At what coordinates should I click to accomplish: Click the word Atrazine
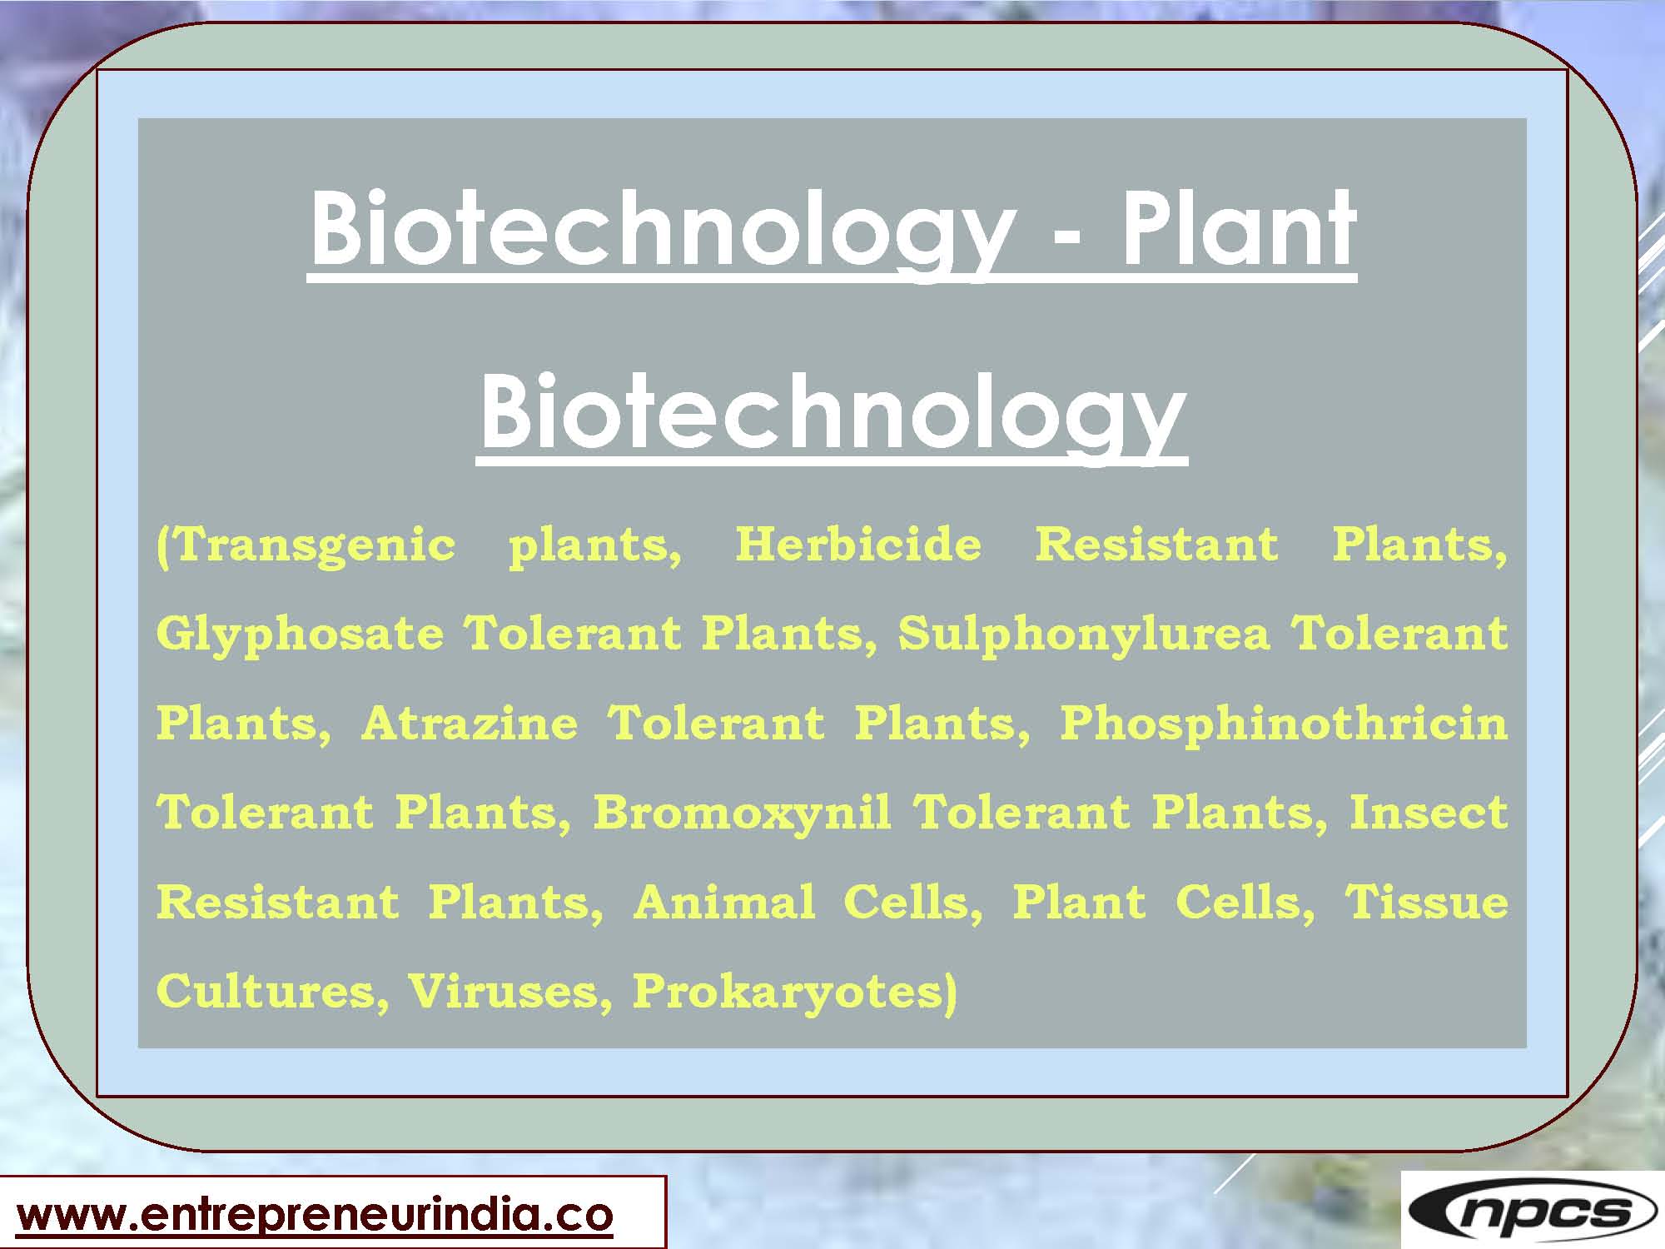pos(470,723)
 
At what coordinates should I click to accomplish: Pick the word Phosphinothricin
pos(1283,723)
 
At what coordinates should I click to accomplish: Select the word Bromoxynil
pos(741,812)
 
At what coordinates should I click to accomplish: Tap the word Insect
pos(1428,812)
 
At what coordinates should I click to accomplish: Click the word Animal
pos(723,902)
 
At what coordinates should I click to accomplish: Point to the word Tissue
pos(1426,902)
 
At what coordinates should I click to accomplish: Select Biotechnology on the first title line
pos(663,229)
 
